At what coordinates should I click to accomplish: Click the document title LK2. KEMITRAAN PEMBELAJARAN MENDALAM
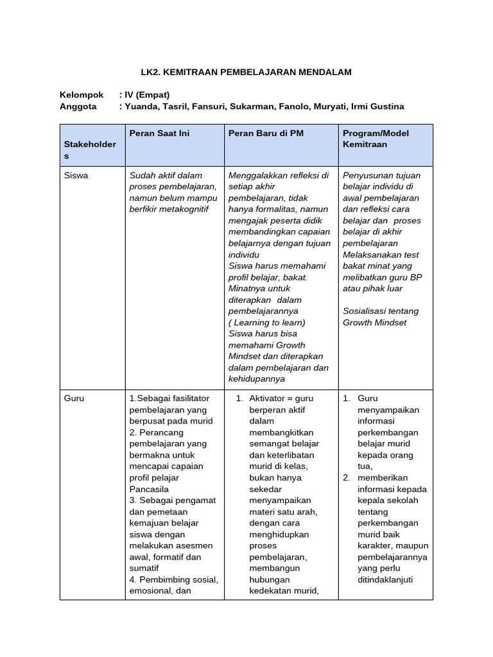pyautogui.click(x=246, y=73)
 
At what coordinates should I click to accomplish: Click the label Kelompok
pyautogui.click(x=82, y=94)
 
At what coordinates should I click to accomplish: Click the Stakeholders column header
pyautogui.click(x=90, y=144)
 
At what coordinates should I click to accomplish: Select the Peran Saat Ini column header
pyautogui.click(x=159, y=133)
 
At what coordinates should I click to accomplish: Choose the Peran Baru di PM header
pyautogui.click(x=266, y=133)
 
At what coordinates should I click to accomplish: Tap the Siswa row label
pyautogui.click(x=76, y=175)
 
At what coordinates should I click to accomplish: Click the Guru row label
pyautogui.click(x=74, y=398)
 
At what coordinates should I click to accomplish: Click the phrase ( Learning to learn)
pyautogui.click(x=267, y=322)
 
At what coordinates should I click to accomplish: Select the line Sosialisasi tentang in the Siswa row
pyautogui.click(x=380, y=311)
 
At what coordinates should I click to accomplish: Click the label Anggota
pyautogui.click(x=78, y=107)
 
